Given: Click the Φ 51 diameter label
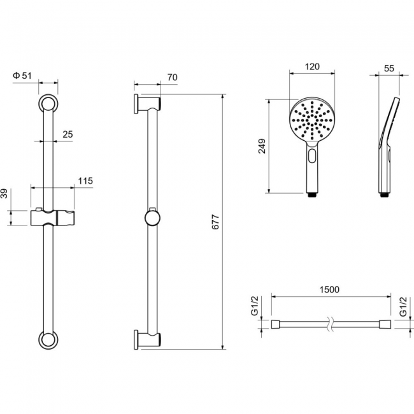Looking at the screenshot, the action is click(22, 76).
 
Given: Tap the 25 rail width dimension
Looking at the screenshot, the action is click(68, 134).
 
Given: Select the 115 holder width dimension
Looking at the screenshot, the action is click(85, 181).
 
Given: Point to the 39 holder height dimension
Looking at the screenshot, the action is click(4, 194).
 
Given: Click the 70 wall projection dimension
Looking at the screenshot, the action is click(172, 77).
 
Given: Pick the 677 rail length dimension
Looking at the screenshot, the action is click(216, 222).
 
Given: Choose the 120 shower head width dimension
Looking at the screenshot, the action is click(312, 66).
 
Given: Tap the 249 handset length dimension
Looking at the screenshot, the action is click(262, 146).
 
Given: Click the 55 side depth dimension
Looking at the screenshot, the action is click(389, 68).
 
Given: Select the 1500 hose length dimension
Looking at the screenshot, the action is click(329, 290).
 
